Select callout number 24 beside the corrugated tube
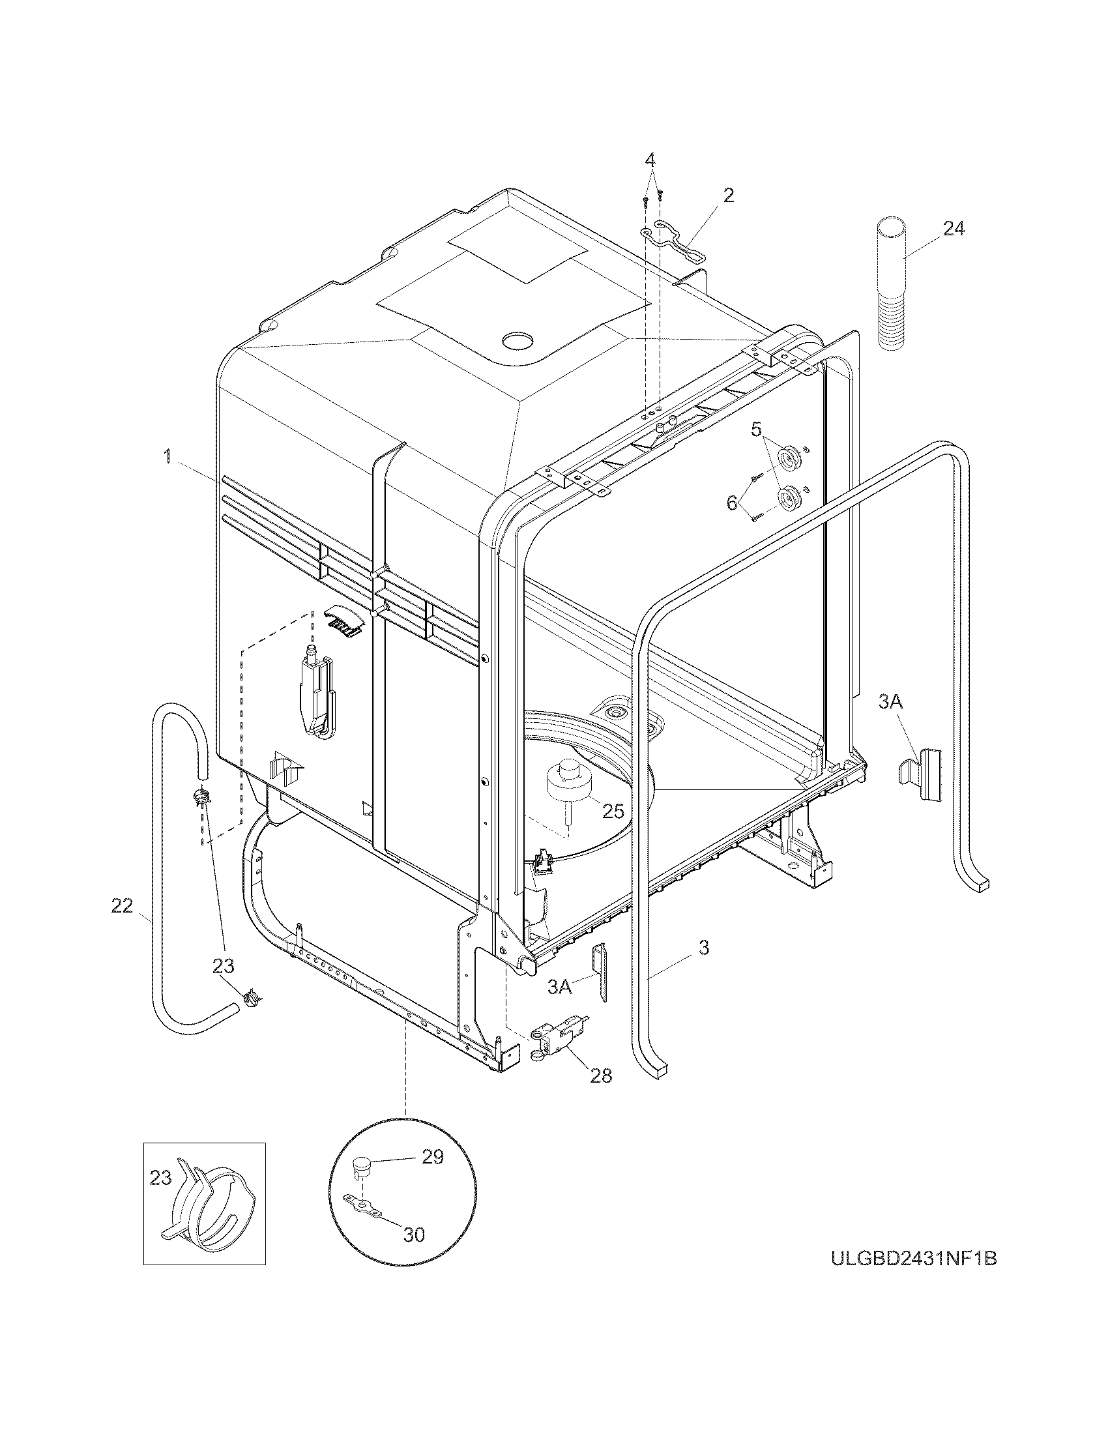(954, 229)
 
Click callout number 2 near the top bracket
(729, 195)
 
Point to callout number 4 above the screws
(649, 160)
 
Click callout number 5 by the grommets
(756, 431)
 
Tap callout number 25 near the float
(613, 811)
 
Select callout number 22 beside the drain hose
(122, 906)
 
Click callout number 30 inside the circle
(413, 1235)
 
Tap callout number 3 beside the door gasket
(704, 948)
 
